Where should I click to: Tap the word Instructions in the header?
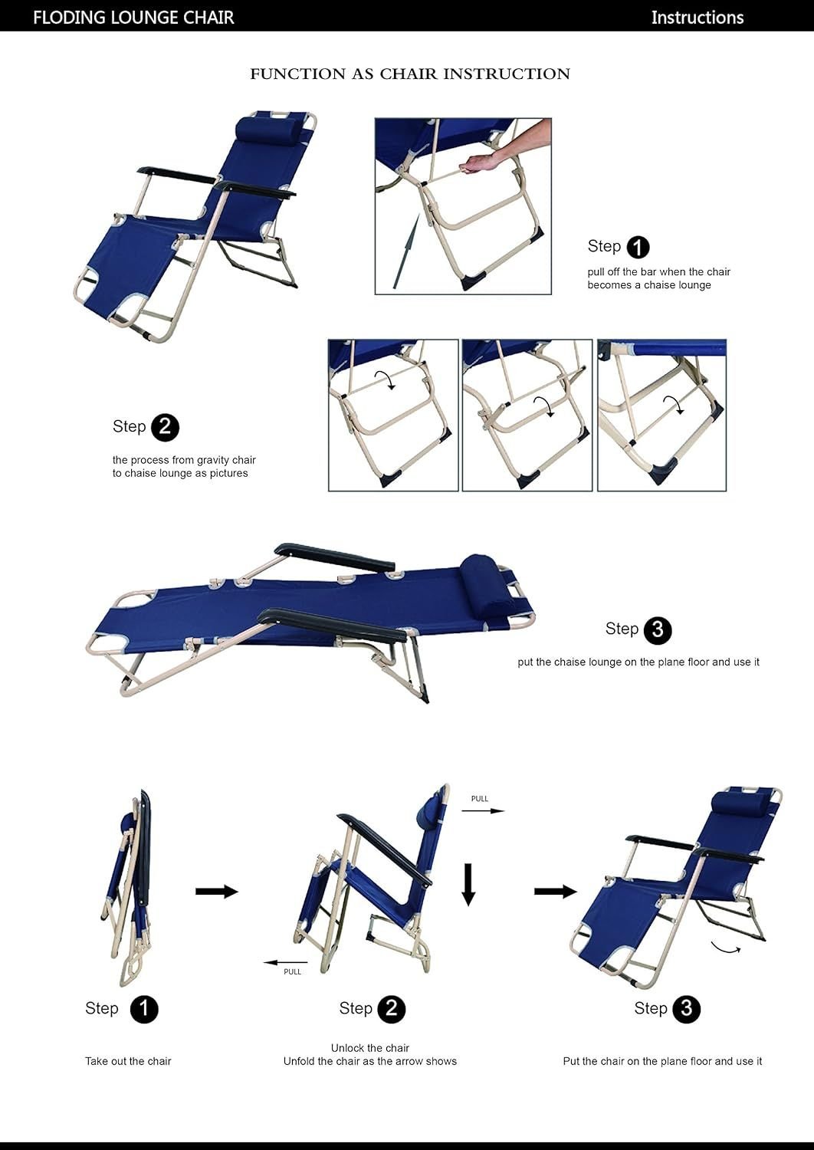[697, 18]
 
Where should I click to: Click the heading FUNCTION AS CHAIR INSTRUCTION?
[410, 74]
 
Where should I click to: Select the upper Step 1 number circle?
[638, 247]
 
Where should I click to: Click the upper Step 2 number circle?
[166, 427]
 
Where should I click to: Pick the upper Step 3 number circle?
[658, 630]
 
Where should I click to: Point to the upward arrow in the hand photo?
[407, 252]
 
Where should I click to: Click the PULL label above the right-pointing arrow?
[480, 798]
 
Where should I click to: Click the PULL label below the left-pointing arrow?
[293, 971]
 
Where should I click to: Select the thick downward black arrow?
[468, 885]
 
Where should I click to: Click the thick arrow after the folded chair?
[217, 891]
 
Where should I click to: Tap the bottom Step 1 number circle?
[144, 1009]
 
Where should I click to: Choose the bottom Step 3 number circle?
[686, 1009]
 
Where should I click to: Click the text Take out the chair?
[128, 1061]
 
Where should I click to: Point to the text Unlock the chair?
[370, 1048]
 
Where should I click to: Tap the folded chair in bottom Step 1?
[129, 887]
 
